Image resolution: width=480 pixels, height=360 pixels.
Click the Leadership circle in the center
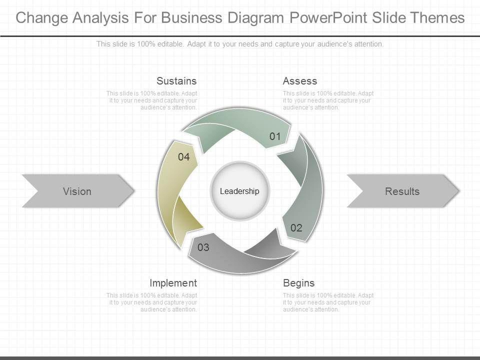pos(240,191)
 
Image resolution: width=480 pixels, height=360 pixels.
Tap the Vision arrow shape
pos(77,191)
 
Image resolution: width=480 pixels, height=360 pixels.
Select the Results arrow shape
pos(402,191)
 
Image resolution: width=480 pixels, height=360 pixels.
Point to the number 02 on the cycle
pos(296,228)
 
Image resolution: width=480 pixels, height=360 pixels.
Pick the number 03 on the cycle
pos(203,247)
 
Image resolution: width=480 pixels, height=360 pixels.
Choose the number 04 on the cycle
pos(184,157)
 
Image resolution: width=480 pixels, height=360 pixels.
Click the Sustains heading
pos(176,81)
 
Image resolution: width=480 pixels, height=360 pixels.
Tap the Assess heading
pos(300,81)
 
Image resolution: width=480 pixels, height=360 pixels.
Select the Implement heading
pos(173,283)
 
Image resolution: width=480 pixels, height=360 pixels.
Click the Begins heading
pos(299,283)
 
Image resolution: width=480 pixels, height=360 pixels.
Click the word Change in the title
pos(42,18)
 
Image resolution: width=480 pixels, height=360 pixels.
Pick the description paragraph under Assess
pos(328,100)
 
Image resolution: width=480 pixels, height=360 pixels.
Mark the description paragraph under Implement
pos(151,302)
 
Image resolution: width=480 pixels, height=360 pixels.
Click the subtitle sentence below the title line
pos(240,44)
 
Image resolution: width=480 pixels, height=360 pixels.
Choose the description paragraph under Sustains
pos(151,100)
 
